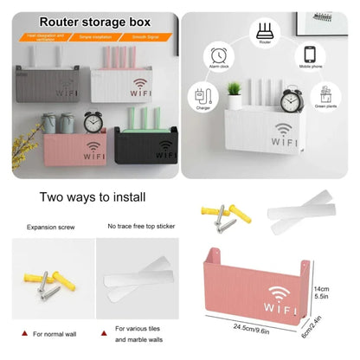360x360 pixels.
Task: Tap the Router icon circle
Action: (x=266, y=33)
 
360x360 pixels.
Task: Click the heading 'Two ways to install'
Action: (x=89, y=197)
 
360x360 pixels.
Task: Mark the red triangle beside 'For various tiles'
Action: (x=106, y=329)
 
